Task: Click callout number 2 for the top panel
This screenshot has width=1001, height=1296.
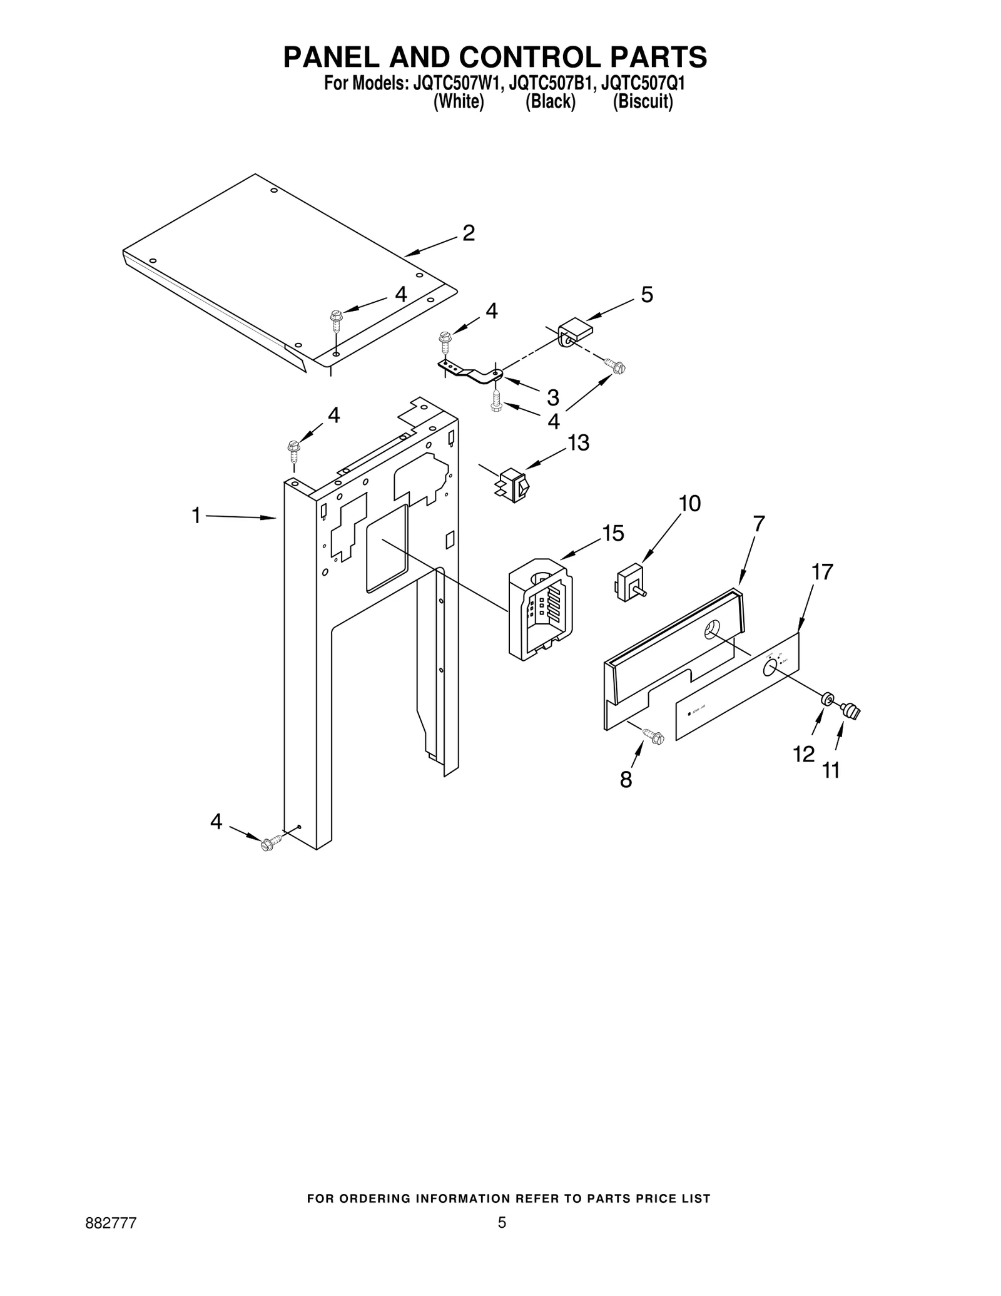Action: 469,233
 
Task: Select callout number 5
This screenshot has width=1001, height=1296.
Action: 647,295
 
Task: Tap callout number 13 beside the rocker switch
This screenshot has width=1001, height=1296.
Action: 578,443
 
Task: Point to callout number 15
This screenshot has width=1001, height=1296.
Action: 612,533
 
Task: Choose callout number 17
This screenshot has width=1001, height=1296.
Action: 822,572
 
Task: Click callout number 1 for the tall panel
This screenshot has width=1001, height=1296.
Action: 196,516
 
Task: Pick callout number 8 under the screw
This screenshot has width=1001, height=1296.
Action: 626,780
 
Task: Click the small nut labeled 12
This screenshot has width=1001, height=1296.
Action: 827,698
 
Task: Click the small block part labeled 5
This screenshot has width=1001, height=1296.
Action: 576,330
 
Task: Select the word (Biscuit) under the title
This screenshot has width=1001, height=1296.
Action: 643,102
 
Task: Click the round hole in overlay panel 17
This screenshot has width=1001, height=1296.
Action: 770,668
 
